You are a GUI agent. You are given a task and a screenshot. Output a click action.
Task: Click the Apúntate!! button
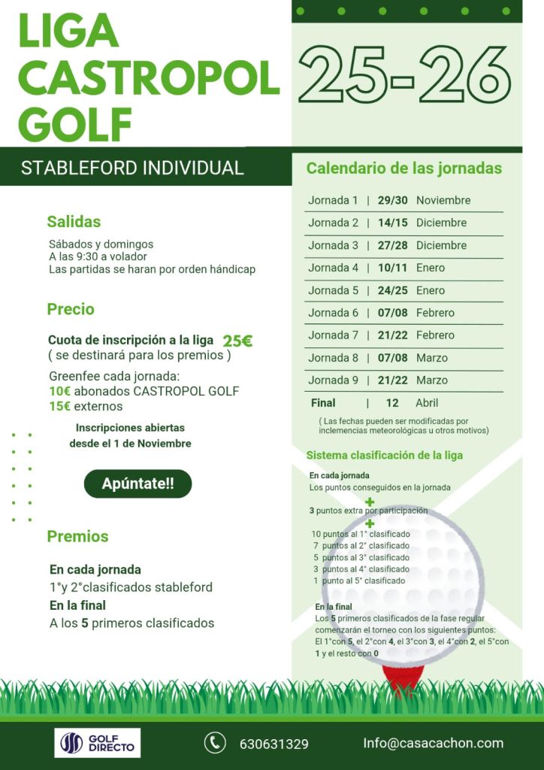[138, 484]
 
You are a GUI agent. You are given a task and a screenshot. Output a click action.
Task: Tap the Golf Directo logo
[98, 743]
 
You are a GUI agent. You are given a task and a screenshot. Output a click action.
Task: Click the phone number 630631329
[274, 744]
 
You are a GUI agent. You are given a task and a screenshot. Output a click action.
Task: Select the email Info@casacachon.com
[433, 743]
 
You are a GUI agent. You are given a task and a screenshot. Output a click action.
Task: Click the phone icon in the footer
[215, 743]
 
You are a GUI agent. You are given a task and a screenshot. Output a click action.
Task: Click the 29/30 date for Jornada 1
[392, 200]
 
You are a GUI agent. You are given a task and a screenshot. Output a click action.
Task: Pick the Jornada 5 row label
[333, 290]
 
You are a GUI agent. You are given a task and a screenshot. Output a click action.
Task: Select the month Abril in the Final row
[427, 403]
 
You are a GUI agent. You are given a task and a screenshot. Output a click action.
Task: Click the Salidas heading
[74, 221]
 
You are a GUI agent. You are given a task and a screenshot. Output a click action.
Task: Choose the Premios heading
[77, 536]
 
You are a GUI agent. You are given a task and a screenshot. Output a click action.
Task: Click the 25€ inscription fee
[237, 341]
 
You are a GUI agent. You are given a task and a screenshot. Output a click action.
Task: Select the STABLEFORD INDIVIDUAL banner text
[132, 168]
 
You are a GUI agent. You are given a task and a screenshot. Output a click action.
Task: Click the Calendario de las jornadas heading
[403, 168]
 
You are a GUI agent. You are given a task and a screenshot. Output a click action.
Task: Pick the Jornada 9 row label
[333, 380]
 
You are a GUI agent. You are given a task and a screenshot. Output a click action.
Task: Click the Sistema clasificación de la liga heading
[385, 455]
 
